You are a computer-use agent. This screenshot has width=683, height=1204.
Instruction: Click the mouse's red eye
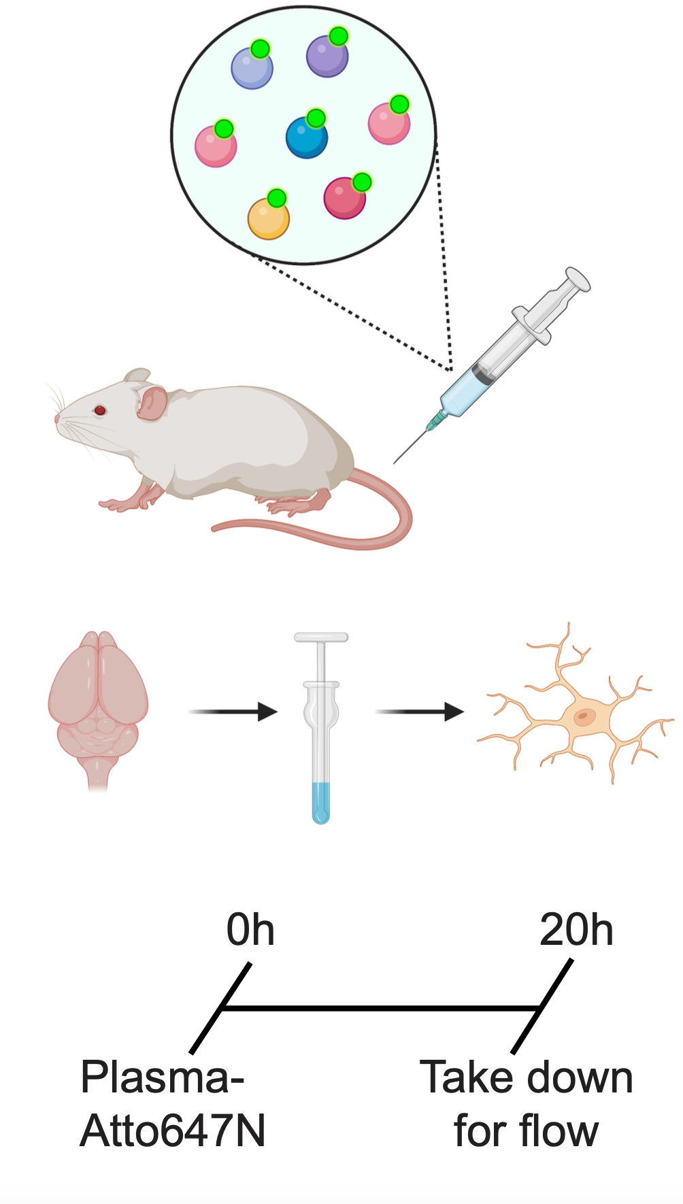tap(100, 409)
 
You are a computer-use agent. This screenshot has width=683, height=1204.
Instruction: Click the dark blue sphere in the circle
tap(305, 138)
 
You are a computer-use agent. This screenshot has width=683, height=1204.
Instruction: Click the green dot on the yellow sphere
tap(277, 199)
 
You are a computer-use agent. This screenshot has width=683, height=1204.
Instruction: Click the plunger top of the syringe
tap(578, 277)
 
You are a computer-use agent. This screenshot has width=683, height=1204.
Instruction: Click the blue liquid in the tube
tap(321, 803)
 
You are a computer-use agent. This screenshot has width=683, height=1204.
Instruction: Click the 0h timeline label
tap(250, 930)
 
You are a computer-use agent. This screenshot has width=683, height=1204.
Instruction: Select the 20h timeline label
tap(576, 930)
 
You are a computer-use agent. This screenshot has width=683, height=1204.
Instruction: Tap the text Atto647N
tap(173, 1131)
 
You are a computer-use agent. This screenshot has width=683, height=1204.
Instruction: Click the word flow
tap(559, 1131)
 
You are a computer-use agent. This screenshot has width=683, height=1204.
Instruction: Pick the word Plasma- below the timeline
tap(162, 1077)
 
